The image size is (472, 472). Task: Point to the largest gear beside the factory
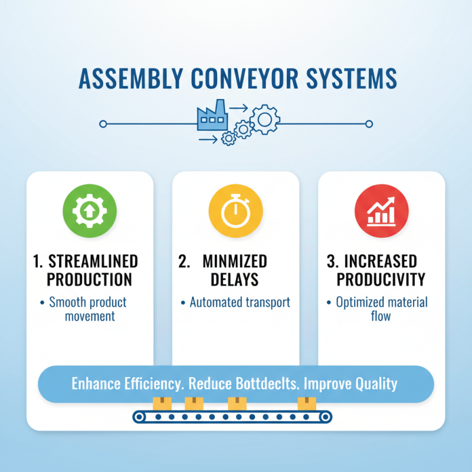264,119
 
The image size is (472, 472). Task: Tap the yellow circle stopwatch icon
235,212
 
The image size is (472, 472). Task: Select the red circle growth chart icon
381,212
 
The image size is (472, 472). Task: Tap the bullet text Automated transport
240,303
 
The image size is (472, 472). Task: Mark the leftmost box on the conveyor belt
161,404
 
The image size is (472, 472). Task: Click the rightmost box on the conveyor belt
306,404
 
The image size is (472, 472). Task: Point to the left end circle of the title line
103,124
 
